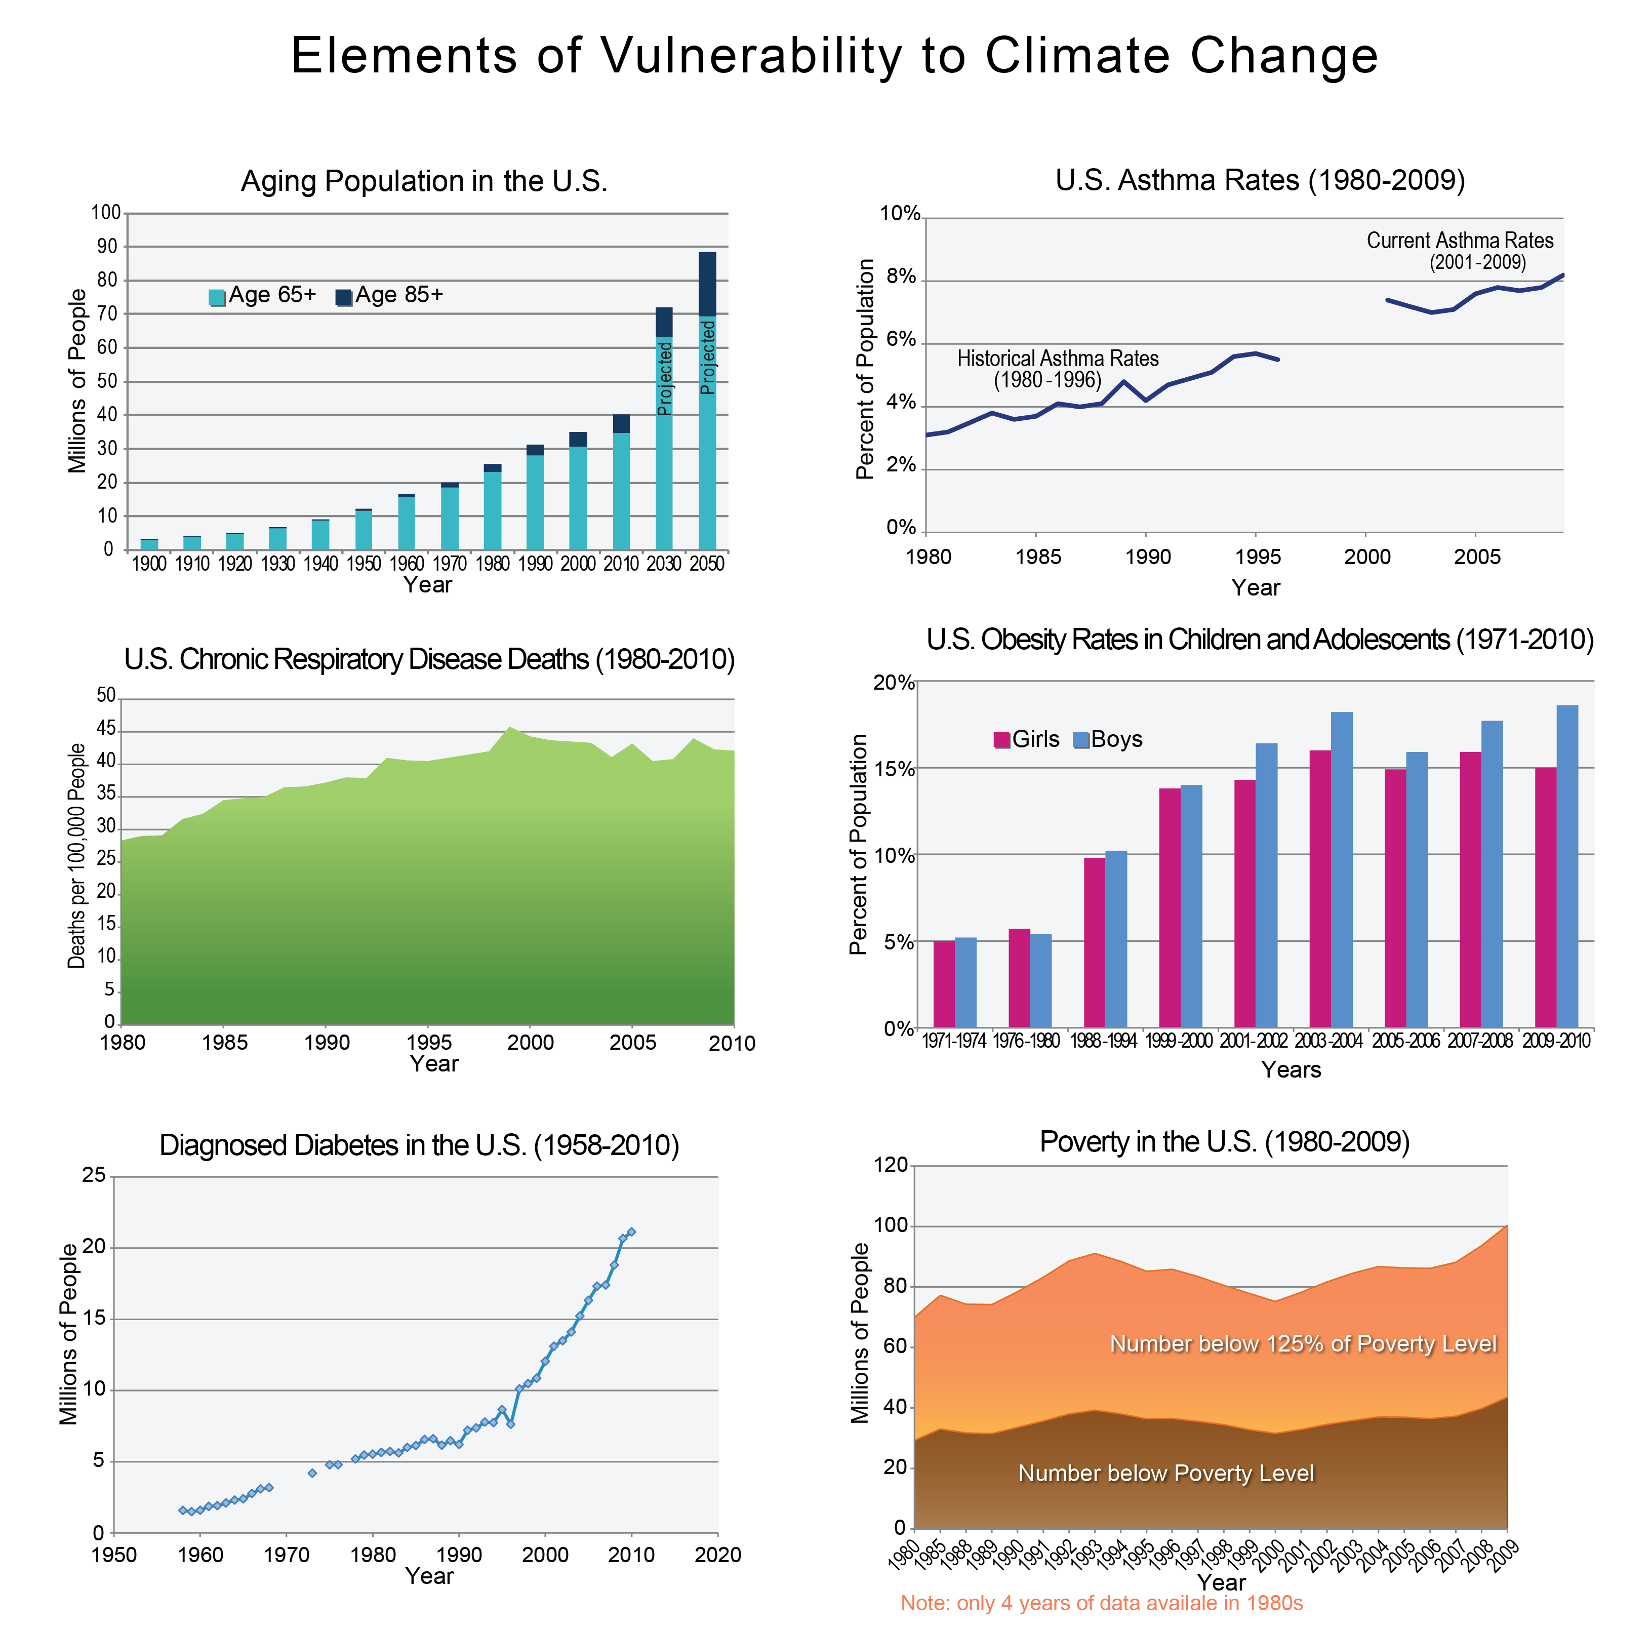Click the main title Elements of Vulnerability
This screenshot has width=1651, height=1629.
click(834, 56)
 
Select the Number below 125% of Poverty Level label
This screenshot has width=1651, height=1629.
click(1302, 1343)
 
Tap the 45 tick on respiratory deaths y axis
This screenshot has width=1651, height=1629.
click(106, 729)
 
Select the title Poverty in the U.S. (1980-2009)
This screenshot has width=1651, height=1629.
click(1224, 1142)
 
